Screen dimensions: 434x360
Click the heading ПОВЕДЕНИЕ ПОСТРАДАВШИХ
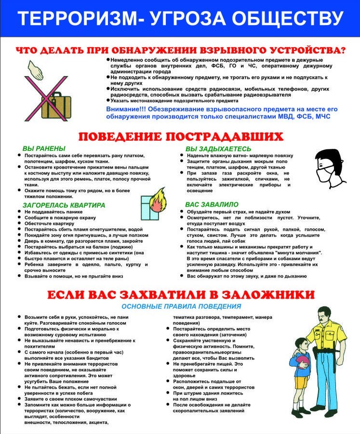(x=180, y=136)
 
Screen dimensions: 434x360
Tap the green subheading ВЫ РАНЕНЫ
(x=44, y=148)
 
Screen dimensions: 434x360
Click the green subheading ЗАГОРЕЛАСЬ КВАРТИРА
(x=64, y=205)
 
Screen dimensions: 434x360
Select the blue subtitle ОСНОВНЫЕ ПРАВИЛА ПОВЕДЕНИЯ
(x=181, y=306)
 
